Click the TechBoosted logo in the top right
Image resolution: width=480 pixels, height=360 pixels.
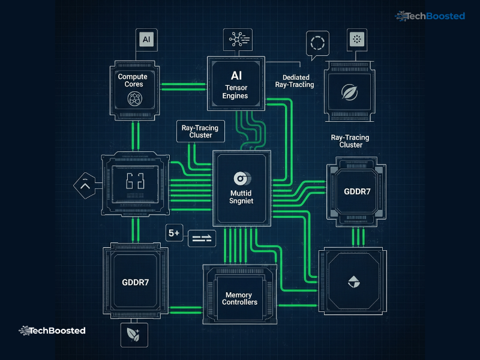tap(430, 16)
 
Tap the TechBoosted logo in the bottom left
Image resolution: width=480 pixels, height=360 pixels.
tap(52, 331)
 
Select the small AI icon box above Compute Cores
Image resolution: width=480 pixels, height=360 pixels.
tap(146, 40)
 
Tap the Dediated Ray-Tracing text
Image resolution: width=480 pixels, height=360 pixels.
tap(298, 81)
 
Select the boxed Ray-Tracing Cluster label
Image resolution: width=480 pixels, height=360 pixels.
tap(200, 131)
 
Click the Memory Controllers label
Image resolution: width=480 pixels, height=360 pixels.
tap(240, 298)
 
